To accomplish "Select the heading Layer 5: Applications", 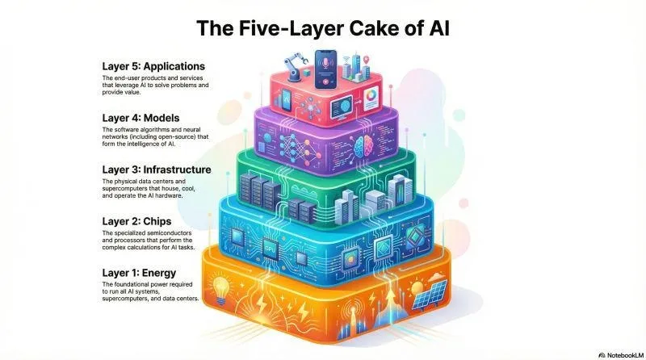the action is pyautogui.click(x=153, y=65).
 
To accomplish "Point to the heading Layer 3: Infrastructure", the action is pyautogui.click(x=157, y=170).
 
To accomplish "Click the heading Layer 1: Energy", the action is pyautogui.click(x=143, y=273).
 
